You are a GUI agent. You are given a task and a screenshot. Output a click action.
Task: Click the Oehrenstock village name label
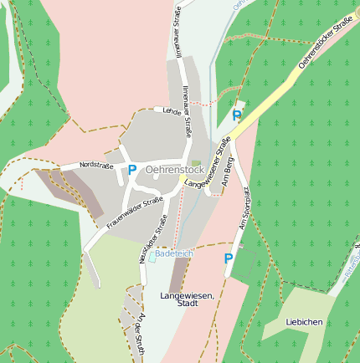point(174,169)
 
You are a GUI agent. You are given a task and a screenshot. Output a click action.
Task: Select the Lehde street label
point(172,110)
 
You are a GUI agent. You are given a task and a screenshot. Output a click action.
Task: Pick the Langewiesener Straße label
point(207,164)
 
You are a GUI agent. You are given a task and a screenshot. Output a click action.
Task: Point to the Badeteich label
point(174,253)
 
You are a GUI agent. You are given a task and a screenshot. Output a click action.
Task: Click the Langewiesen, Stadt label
point(188,299)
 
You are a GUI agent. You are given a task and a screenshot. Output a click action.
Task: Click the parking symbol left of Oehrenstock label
point(132,169)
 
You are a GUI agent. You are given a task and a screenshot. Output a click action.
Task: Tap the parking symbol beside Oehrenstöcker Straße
point(237,115)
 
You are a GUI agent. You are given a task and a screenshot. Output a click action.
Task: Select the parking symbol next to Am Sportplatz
point(228,258)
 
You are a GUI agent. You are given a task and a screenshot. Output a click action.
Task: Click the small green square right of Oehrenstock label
point(196,163)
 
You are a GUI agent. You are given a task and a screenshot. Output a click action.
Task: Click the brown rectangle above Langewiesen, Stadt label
point(178,274)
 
